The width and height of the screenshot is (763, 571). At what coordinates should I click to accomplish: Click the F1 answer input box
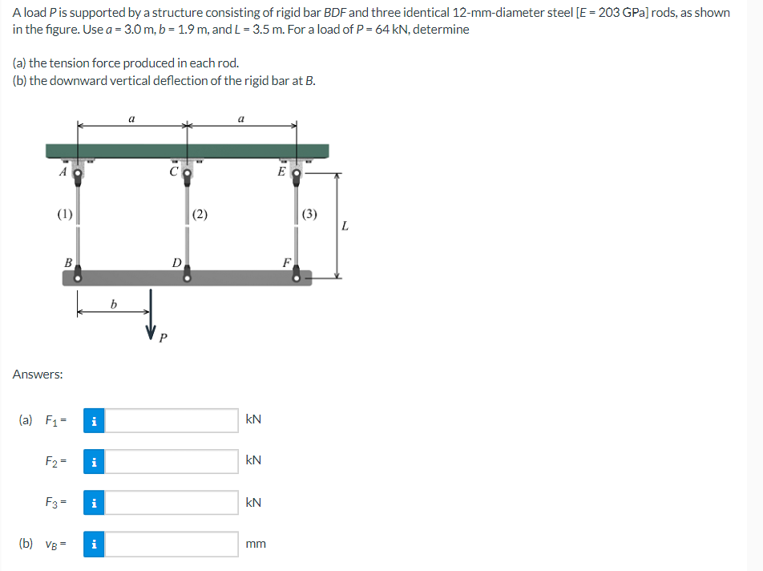pyautogui.click(x=172, y=419)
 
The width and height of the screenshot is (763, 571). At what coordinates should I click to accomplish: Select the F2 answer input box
pyautogui.click(x=172, y=461)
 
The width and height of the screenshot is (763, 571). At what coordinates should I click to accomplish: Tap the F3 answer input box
pyautogui.click(x=172, y=503)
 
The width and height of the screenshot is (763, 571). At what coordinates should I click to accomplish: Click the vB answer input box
pyautogui.click(x=172, y=545)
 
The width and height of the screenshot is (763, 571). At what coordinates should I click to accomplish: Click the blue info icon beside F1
pyautogui.click(x=94, y=419)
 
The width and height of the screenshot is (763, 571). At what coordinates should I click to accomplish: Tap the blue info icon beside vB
pyautogui.click(x=94, y=545)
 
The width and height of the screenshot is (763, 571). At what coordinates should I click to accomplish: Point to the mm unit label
pyautogui.click(x=256, y=545)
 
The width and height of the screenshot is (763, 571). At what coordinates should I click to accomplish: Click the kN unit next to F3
pyautogui.click(x=253, y=503)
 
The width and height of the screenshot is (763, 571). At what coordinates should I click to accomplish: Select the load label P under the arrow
pyautogui.click(x=163, y=338)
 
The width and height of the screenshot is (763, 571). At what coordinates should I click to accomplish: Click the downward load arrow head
pyautogui.click(x=150, y=330)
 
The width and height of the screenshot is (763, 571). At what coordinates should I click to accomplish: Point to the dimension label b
pyautogui.click(x=113, y=304)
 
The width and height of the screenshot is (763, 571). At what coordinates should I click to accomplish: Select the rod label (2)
pyautogui.click(x=200, y=213)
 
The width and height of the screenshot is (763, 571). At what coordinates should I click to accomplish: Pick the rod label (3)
pyautogui.click(x=310, y=213)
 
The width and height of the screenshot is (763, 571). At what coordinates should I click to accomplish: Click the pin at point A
pyautogui.click(x=78, y=171)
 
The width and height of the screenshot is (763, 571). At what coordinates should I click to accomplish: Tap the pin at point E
pyautogui.click(x=297, y=172)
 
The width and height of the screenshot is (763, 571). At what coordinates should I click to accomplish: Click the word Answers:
pyautogui.click(x=38, y=375)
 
